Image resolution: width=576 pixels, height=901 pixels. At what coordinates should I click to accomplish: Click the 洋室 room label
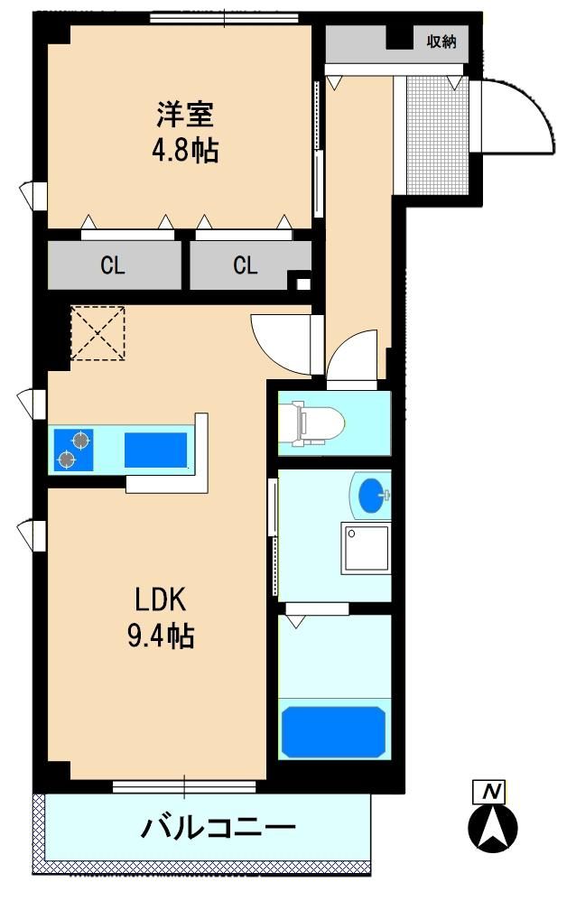(186, 114)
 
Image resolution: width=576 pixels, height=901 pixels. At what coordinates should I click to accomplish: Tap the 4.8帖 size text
(185, 151)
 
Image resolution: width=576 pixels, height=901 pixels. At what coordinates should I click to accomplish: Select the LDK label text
(161, 599)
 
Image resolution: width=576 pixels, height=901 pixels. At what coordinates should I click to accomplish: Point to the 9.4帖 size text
(161, 636)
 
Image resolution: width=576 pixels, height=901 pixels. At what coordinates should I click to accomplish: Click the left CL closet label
(113, 265)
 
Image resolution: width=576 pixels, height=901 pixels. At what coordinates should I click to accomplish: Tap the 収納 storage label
(441, 42)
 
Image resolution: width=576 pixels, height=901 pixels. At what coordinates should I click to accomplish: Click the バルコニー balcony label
(218, 828)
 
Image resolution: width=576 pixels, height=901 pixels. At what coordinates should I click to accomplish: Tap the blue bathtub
(333, 732)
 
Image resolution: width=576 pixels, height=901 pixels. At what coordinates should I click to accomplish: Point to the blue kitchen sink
(156, 450)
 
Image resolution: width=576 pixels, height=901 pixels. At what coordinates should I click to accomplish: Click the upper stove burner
(81, 441)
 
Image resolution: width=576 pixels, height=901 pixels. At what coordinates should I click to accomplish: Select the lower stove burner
(67, 460)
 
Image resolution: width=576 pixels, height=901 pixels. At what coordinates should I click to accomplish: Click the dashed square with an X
(98, 333)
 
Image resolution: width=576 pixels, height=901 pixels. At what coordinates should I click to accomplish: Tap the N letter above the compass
(489, 793)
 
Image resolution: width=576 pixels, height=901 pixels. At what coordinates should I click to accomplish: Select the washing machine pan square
(365, 548)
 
